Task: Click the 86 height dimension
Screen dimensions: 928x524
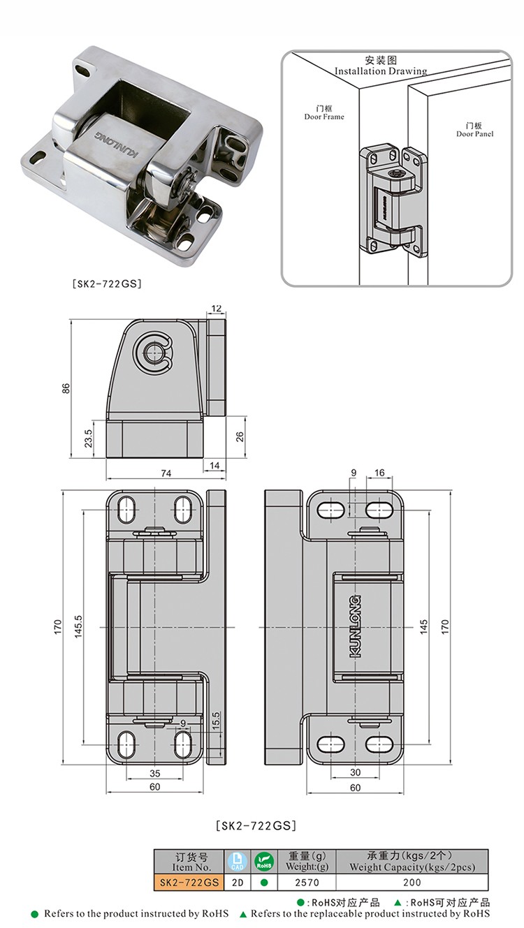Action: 66,388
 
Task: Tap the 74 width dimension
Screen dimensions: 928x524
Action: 166,473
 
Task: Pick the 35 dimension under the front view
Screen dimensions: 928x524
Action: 154,773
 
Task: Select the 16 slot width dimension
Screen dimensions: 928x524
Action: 379,473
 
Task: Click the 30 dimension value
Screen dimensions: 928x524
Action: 356,773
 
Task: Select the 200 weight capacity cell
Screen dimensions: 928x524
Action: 412,882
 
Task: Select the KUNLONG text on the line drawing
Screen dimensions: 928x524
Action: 355,626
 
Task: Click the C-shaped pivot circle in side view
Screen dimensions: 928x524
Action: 153,353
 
